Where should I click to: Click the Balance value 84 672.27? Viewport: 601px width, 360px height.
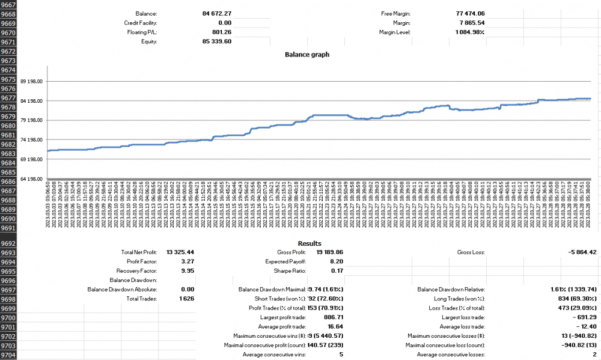pos(217,13)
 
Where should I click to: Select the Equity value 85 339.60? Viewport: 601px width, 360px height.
pos(217,42)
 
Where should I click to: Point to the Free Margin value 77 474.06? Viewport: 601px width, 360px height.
pos(468,13)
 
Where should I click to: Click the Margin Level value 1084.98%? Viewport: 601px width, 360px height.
pos(470,32)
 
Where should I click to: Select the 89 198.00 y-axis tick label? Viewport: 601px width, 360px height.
pos(31,82)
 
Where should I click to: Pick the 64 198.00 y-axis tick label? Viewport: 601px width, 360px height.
pos(31,179)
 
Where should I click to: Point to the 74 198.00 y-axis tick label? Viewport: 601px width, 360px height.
pos(31,140)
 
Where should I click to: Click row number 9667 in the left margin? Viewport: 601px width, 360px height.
pos(9,4)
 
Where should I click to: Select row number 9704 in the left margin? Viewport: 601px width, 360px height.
pos(9,355)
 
